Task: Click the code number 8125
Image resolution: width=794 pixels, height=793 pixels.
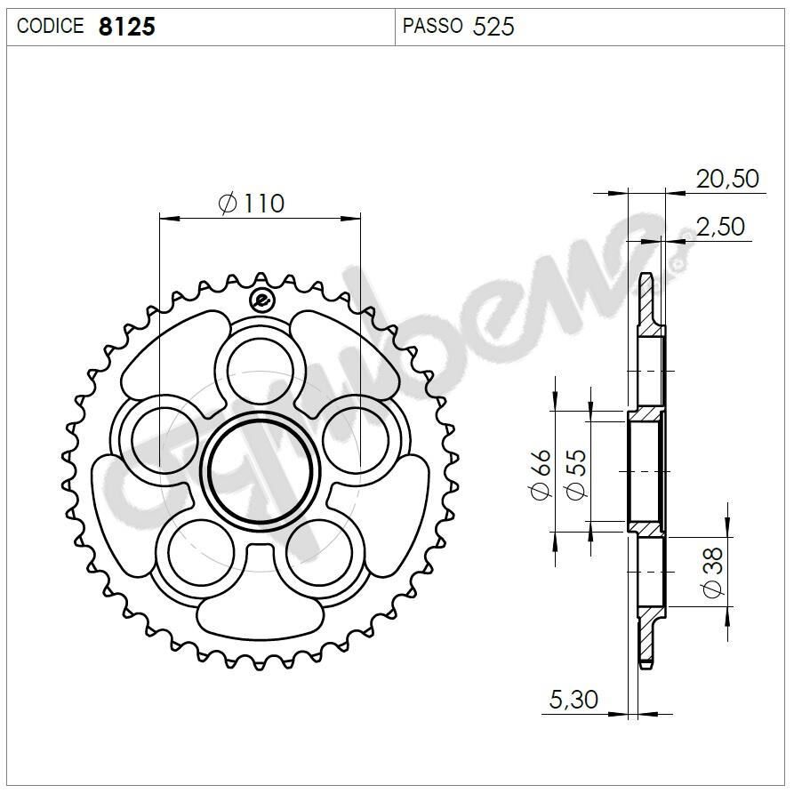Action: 126,27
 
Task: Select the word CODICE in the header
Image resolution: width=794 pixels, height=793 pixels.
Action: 51,27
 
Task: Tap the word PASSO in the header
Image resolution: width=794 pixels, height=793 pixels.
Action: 432,26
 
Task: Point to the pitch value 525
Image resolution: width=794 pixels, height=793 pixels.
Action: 493,27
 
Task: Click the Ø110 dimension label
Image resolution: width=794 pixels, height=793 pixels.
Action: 252,204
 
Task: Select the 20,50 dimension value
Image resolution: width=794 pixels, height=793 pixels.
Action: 727,179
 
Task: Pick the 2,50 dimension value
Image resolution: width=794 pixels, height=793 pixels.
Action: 720,227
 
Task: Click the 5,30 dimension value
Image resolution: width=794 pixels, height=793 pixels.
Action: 573,700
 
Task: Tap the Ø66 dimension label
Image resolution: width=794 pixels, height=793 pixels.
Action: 541,475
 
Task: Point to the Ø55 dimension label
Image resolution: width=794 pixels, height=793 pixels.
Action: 576,475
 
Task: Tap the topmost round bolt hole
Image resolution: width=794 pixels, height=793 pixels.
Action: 261,370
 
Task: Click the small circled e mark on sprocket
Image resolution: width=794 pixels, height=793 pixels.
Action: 261,300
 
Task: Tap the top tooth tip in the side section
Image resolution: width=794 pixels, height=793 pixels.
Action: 648,280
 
